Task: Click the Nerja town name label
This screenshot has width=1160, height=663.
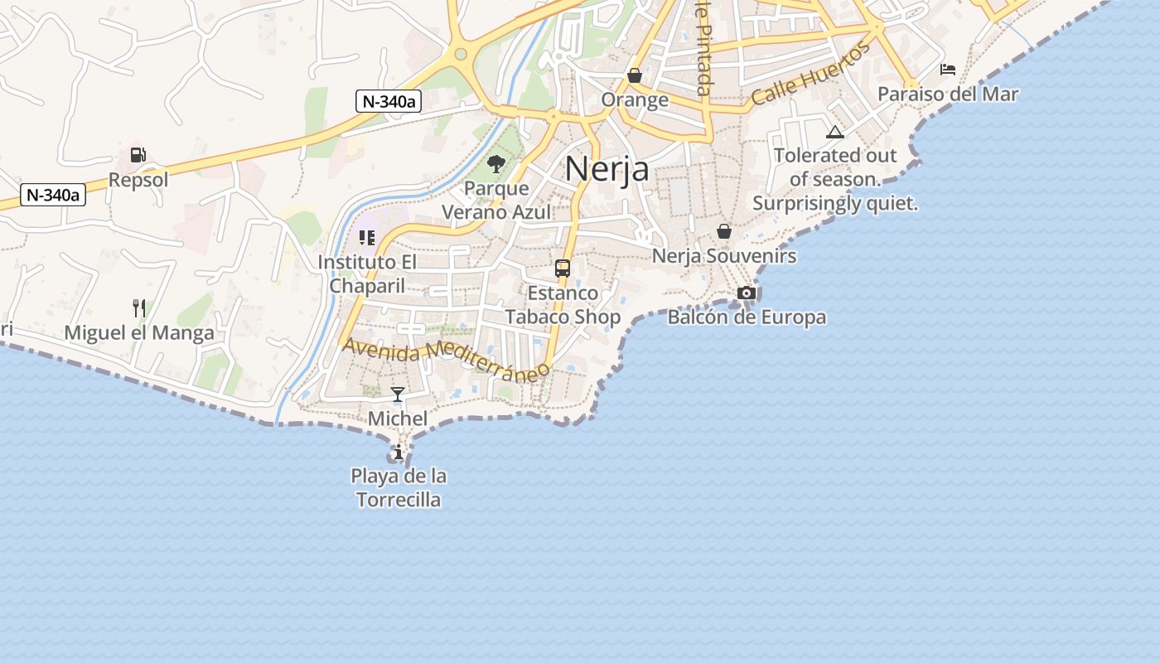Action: point(607,169)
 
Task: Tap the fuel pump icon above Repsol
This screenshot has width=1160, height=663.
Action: point(138,155)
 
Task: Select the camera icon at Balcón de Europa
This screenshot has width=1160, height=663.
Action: point(746,293)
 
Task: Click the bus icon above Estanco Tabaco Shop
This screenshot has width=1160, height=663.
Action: point(563,269)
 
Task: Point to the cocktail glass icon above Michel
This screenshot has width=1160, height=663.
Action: point(398,394)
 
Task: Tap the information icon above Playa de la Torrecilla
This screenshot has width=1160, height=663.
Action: point(399,452)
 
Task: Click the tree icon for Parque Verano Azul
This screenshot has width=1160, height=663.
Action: point(496,164)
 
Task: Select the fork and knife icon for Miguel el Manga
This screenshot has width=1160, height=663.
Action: point(139,308)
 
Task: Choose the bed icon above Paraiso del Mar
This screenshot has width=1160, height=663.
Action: point(948,70)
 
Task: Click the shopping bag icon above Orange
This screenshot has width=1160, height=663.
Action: point(635,76)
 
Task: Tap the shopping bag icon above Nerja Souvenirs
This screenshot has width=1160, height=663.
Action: point(724,231)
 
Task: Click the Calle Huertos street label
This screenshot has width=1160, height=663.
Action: point(811,75)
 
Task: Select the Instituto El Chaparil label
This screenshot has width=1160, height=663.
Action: point(367,273)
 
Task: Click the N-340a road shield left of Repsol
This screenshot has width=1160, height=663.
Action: point(53,196)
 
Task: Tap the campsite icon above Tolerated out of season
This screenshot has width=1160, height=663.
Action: point(834,132)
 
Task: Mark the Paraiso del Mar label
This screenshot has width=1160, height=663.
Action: point(948,94)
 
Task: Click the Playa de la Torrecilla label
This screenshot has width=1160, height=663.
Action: point(399,488)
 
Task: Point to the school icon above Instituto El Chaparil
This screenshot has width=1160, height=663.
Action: point(367,238)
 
